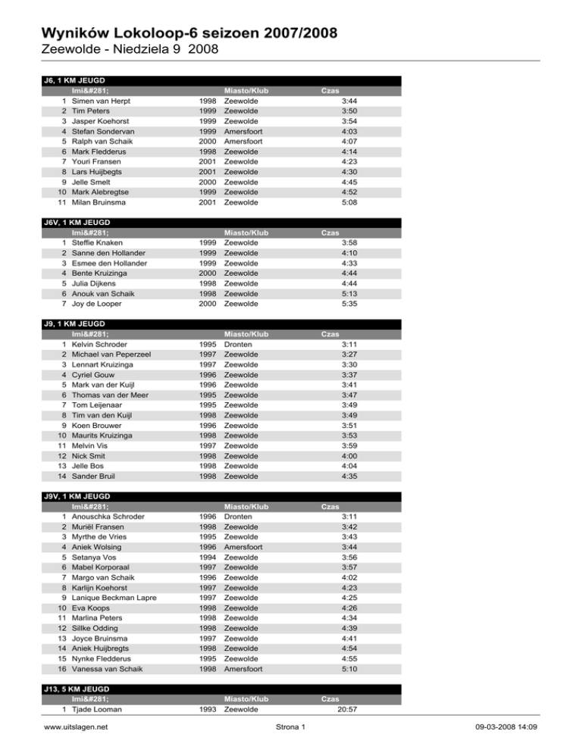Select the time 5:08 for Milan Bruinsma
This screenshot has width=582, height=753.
pos(349,203)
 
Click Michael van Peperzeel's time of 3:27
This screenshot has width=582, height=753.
pos(349,354)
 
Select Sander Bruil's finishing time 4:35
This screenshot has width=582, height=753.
pos(349,476)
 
